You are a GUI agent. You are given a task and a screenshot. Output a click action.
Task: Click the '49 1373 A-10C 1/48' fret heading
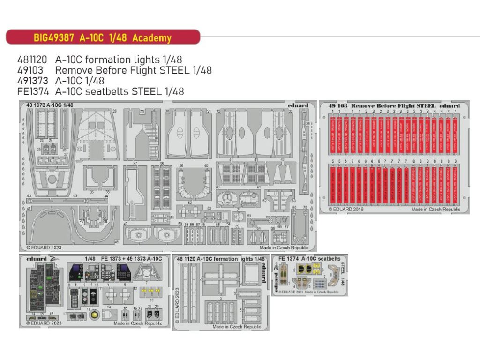48,105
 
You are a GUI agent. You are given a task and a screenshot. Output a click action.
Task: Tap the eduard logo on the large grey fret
299,105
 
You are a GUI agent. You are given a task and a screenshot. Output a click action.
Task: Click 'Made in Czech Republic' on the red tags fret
435,210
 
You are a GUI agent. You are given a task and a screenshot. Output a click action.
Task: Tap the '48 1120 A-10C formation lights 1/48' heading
220,259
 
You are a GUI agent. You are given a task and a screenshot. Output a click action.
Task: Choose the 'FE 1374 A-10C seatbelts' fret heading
309,258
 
